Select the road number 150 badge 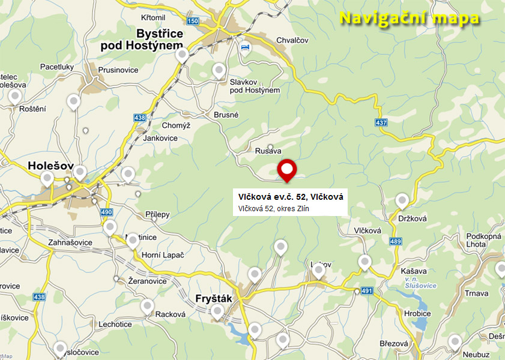pyautogui.click(x=192, y=22)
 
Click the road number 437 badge pyautogui.click(x=381, y=122)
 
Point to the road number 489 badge pyautogui.click(x=395, y=242)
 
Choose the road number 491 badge pyautogui.click(x=367, y=291)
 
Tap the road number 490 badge pyautogui.click(x=107, y=213)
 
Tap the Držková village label pyautogui.click(x=412, y=218)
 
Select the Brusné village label pyautogui.click(x=226, y=115)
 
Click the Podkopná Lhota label pyautogui.click(x=483, y=240)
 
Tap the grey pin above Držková pyautogui.click(x=402, y=200)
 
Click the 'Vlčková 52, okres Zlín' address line pyautogui.click(x=273, y=209)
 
